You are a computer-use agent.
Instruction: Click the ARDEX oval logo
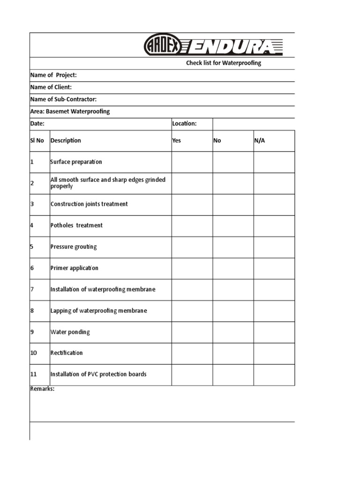click(161, 45)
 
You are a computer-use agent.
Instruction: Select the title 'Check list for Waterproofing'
click(224, 63)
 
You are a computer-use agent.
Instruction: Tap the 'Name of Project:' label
click(53, 75)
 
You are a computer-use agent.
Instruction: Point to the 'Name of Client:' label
click(51, 87)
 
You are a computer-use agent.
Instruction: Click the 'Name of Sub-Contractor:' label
click(63, 99)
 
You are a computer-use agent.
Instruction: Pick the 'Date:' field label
click(37, 124)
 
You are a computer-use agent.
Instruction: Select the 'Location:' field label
click(184, 124)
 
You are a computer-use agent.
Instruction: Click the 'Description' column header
click(66, 141)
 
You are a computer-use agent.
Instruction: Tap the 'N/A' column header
click(259, 141)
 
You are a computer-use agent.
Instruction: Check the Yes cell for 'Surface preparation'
click(192, 162)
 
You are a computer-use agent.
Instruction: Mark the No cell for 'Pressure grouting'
click(233, 247)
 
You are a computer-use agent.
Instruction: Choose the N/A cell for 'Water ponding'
click(274, 332)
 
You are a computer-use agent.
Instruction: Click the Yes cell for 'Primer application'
click(192, 268)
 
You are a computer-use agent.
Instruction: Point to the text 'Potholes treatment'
click(76, 225)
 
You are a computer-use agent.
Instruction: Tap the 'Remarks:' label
click(42, 389)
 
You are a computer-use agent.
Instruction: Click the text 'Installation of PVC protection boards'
click(98, 374)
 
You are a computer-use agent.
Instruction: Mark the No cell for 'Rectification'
click(233, 353)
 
